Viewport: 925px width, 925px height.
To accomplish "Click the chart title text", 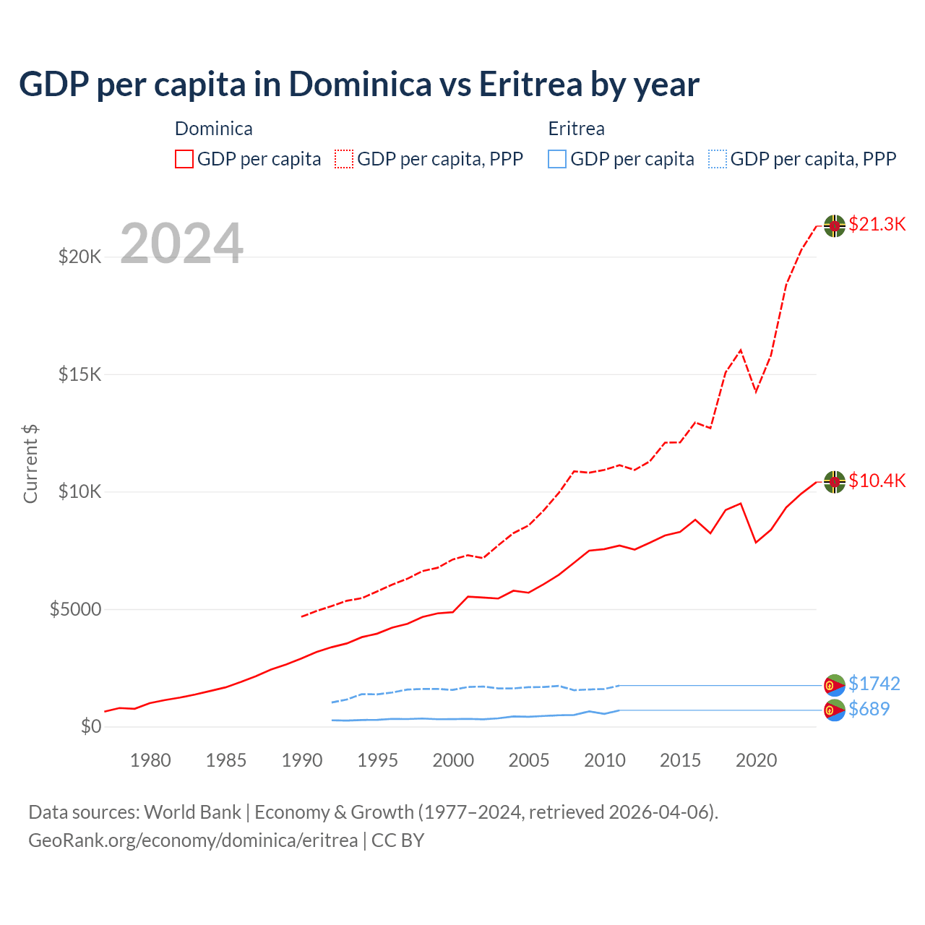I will [358, 85].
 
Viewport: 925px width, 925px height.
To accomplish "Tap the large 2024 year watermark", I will [181, 244].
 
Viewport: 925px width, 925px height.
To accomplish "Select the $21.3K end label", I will [877, 225].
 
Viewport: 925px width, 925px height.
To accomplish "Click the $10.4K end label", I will [877, 481].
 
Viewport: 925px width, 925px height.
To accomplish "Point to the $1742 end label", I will [874, 684].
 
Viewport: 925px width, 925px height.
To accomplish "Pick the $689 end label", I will [869, 709].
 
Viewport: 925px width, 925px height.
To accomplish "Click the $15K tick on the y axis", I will [80, 374].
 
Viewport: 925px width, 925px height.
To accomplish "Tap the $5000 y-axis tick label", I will [75, 609].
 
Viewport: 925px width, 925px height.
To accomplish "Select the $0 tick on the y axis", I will [91, 726].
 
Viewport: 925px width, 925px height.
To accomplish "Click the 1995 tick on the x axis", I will [377, 760].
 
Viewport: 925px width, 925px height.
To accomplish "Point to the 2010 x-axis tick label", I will [604, 760].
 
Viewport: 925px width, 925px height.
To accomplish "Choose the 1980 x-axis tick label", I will [150, 760].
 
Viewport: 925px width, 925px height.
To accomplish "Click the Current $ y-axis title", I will [30, 464].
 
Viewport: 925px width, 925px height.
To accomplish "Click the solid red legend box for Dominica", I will [184, 159].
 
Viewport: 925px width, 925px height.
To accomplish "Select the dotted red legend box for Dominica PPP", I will [344, 159].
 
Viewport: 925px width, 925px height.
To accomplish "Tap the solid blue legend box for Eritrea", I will [557, 159].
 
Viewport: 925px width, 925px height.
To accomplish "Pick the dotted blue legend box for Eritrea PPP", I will [718, 159].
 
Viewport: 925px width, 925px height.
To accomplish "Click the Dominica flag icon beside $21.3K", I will [835, 225].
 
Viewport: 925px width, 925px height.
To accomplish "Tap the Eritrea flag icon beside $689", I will [835, 710].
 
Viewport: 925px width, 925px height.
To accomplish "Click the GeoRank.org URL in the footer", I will [193, 840].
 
